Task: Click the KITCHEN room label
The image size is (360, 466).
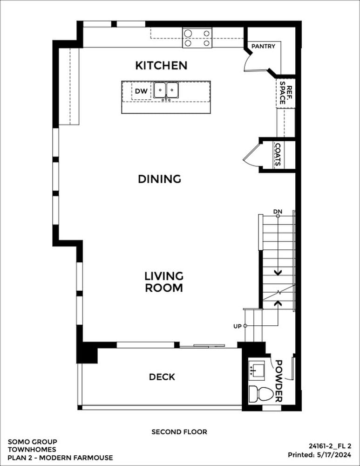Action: coord(161,65)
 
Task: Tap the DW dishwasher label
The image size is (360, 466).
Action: coord(141,91)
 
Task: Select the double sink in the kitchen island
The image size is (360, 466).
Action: coord(166,90)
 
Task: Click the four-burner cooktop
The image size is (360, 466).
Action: coord(197,38)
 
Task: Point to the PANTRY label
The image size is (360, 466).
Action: coord(263,46)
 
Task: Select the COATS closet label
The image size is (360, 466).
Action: coord(278,155)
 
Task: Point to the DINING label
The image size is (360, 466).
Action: coord(159,179)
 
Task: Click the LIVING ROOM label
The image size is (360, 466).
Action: coord(163,282)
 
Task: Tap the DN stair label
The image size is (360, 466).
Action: coord(278,212)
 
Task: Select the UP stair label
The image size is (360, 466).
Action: coord(238,326)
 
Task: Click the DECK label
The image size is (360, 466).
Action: coord(162,377)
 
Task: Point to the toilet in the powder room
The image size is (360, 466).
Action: coord(260,394)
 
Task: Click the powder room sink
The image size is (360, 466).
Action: coord(256,370)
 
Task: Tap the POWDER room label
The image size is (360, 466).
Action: coord(278,381)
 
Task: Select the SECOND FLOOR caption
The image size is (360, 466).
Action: coord(179,432)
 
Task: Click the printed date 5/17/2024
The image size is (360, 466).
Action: coord(333,455)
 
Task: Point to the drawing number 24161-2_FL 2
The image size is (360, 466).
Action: coord(330,446)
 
